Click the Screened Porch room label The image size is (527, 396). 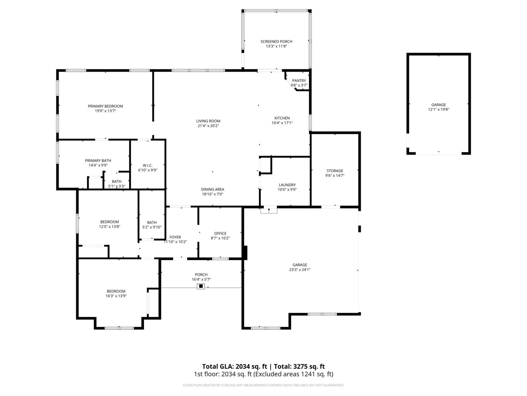point(276,42)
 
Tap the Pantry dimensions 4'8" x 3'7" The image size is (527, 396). point(299,85)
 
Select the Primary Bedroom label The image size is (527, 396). point(105,106)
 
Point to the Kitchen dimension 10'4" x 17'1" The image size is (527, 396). point(282,123)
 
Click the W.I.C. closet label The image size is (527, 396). point(147,165)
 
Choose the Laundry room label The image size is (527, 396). point(287,185)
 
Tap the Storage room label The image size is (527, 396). point(335,171)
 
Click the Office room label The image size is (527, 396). point(220,233)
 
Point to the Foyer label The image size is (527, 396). point(175,237)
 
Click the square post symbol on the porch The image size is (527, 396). point(201,286)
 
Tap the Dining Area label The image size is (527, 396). point(212,189)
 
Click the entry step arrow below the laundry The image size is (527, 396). point(269,210)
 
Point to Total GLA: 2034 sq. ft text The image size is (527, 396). point(234,366)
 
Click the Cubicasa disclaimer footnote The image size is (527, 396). point(263,385)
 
